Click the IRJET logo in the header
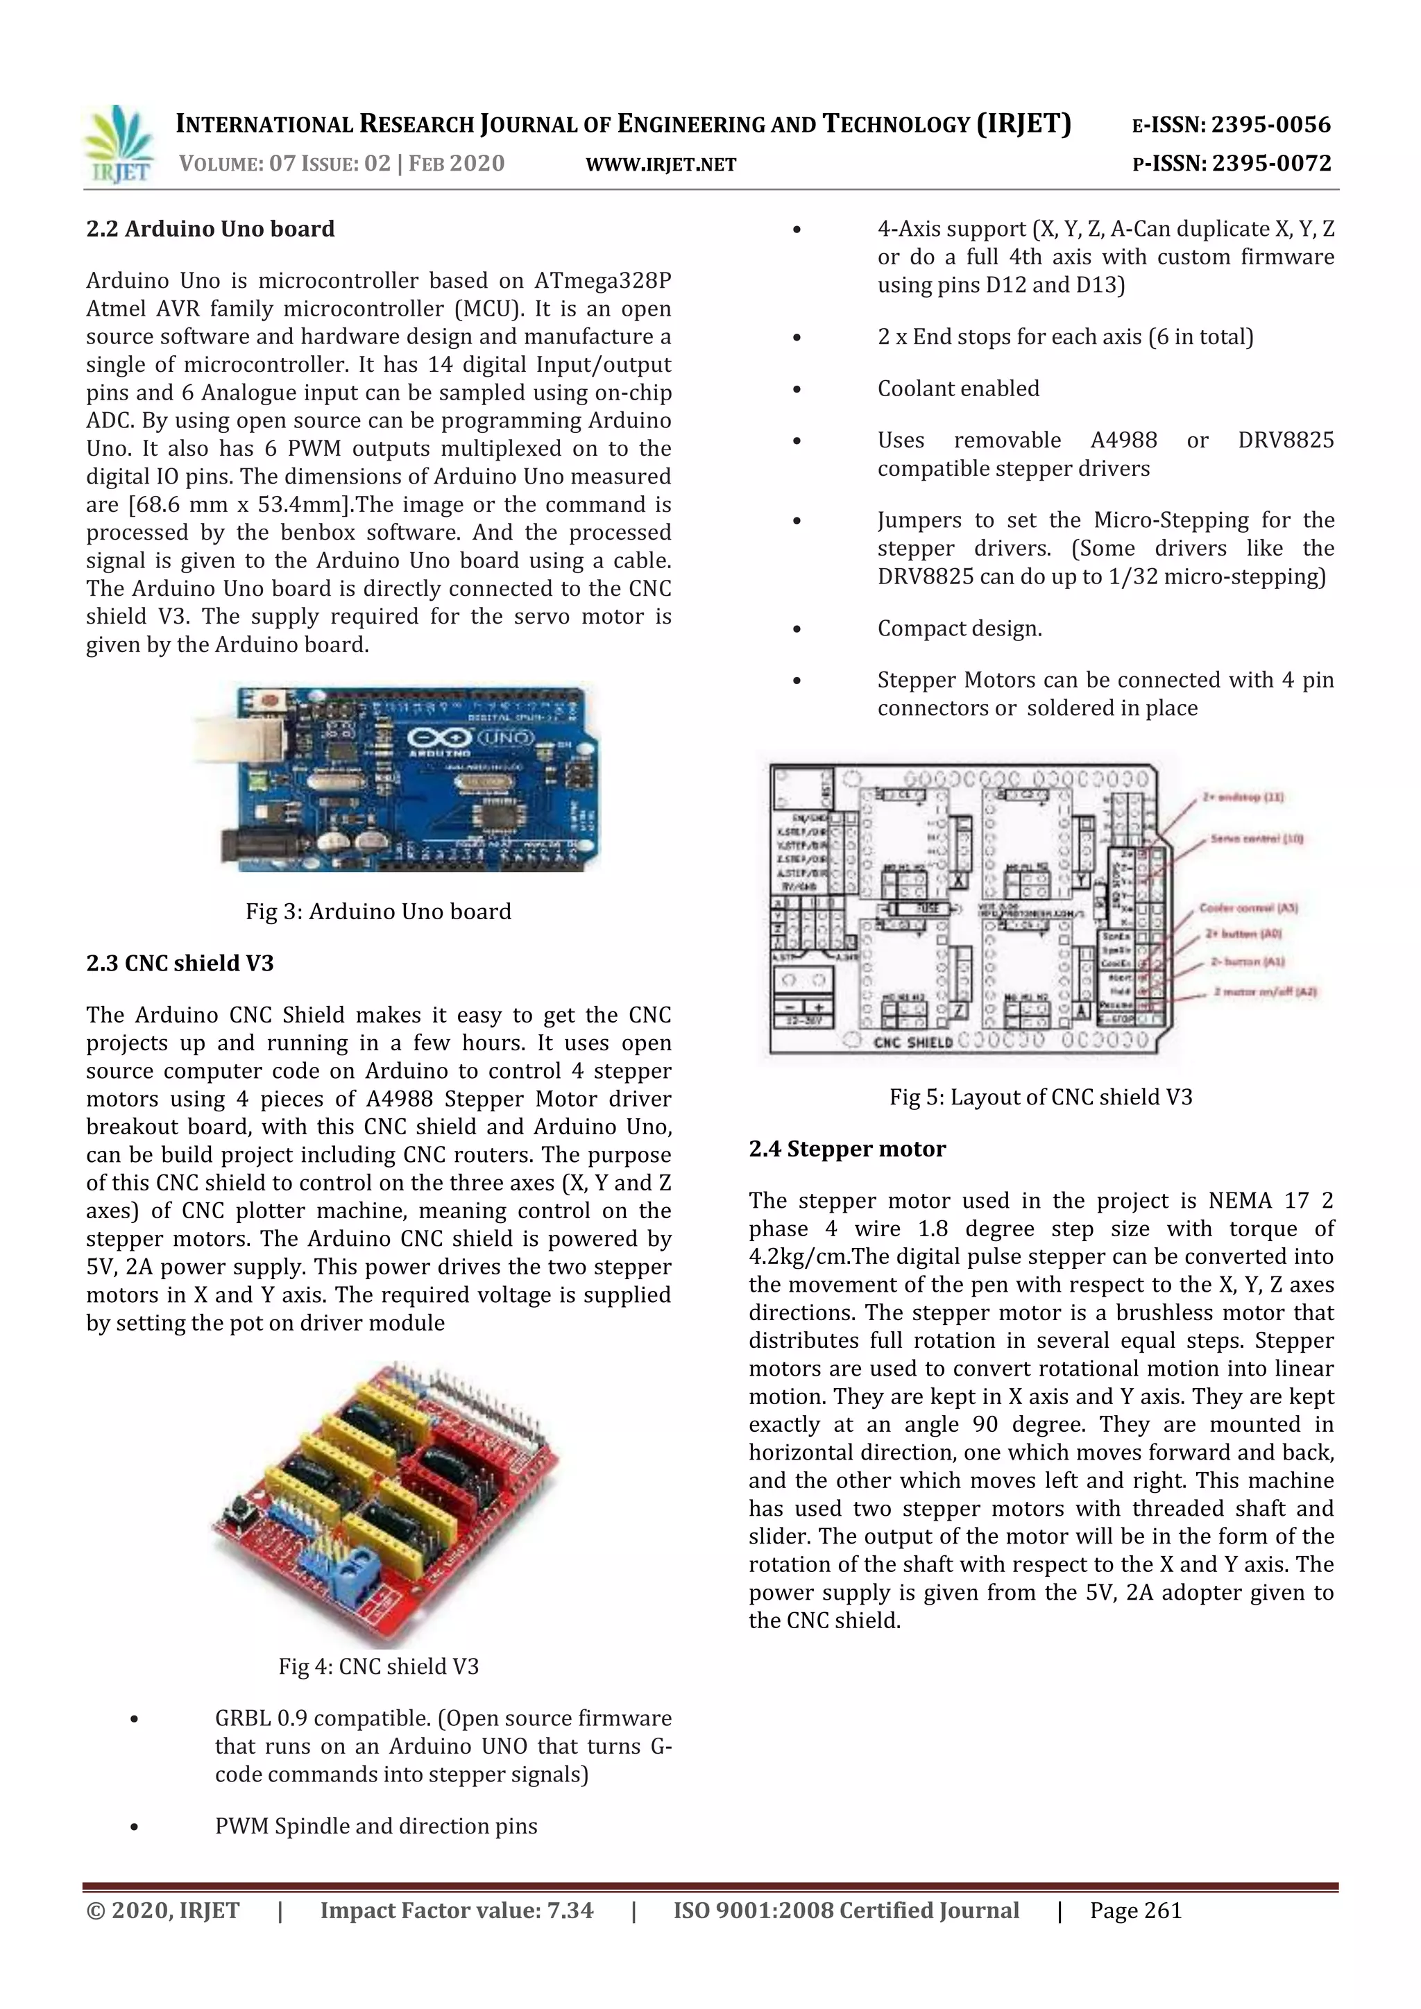tap(120, 144)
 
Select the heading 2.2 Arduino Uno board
tap(210, 229)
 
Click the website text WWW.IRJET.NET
tap(661, 164)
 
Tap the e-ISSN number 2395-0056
tap(1270, 125)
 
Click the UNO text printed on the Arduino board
tap(505, 737)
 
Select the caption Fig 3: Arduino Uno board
tap(378, 912)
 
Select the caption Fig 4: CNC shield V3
tap(378, 1666)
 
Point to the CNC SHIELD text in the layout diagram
tap(912, 1042)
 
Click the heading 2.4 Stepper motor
tap(847, 1149)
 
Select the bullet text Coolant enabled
tap(958, 388)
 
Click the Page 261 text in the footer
tap(1135, 1910)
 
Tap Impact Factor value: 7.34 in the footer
tap(456, 1910)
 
